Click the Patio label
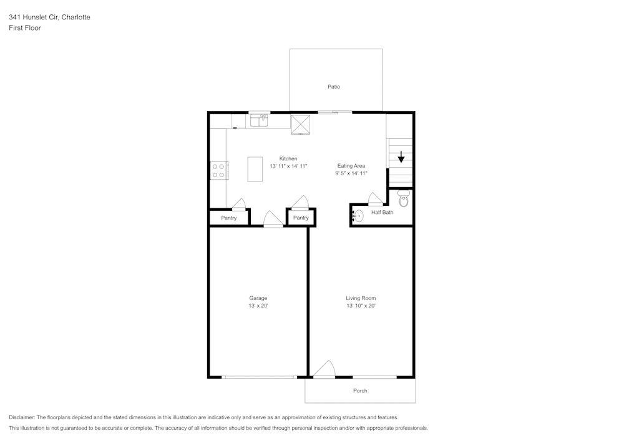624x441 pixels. tap(334, 87)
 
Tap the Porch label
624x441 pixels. tap(360, 390)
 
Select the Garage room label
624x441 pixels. tap(258, 298)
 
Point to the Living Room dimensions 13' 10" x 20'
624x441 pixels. tap(361, 306)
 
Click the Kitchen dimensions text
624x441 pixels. tap(288, 167)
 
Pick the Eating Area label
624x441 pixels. tap(351, 166)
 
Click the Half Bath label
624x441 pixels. tap(382, 213)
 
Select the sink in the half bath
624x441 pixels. tap(358, 216)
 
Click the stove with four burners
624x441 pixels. tap(218, 170)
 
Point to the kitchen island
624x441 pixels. tap(255, 169)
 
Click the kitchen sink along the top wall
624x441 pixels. tap(259, 120)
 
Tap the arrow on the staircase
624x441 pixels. tap(401, 157)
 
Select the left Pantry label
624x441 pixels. tap(229, 218)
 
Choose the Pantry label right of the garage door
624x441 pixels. tap(301, 218)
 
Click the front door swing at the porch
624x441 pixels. tap(324, 371)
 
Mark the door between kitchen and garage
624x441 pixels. tap(273, 219)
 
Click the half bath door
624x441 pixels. tap(376, 199)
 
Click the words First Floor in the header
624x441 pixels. tap(25, 28)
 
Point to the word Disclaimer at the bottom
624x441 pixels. tap(22, 417)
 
